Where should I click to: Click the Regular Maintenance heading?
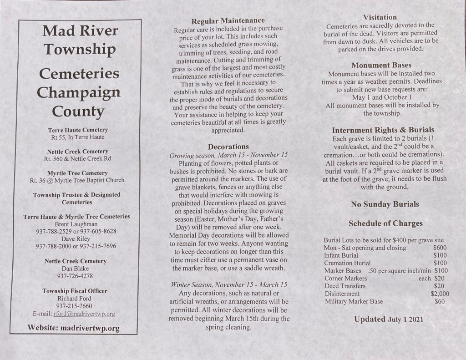228,21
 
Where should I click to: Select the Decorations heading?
228,147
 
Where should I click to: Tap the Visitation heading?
380,17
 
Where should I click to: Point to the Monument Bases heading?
381,66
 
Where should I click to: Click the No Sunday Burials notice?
385,204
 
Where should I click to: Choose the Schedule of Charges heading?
385,223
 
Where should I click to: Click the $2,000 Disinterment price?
440,294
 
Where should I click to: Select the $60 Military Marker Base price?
440,301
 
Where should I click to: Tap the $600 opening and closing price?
440,248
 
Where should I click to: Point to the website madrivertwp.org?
90,328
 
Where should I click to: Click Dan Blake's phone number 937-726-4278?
76,276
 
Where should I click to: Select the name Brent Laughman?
76,224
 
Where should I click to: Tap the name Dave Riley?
76,238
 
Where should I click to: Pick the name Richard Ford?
76,299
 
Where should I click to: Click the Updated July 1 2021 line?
389,319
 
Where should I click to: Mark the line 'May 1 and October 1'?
382,97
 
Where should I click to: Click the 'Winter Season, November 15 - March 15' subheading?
229,284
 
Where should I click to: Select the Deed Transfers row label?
344,286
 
